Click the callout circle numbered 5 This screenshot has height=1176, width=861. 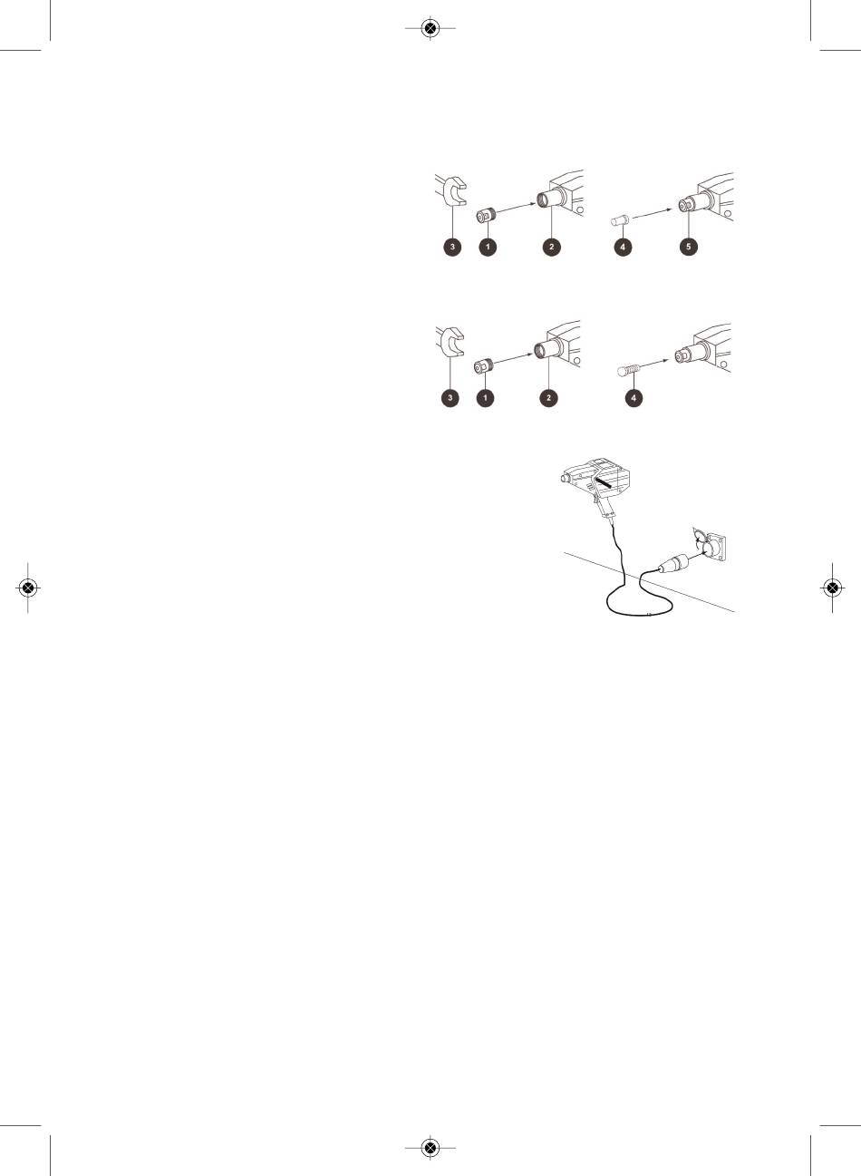pyautogui.click(x=689, y=247)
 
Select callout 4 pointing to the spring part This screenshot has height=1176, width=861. pyautogui.click(x=634, y=398)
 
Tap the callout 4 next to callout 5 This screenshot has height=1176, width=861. pyautogui.click(x=623, y=247)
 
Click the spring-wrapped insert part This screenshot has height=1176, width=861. pyautogui.click(x=629, y=371)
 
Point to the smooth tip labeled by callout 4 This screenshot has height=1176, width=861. pyautogui.click(x=620, y=220)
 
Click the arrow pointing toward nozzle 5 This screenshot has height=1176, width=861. pyautogui.click(x=653, y=213)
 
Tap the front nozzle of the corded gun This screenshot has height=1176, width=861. pyautogui.click(x=566, y=478)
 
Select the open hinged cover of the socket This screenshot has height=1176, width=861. pyautogui.click(x=699, y=535)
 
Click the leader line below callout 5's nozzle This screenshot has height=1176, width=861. pyautogui.click(x=689, y=225)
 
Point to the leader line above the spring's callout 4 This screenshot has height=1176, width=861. pyautogui.click(x=634, y=383)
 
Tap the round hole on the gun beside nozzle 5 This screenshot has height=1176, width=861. pyautogui.click(x=729, y=214)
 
